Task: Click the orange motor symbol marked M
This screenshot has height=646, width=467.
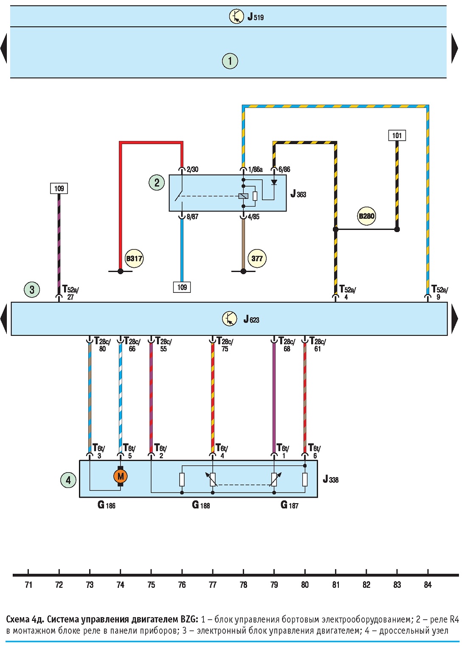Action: (121, 476)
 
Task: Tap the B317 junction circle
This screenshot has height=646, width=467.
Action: (134, 258)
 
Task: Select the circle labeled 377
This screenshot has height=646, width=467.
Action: (257, 258)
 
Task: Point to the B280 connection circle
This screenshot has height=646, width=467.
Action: (366, 216)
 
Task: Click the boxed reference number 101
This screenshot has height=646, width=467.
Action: (397, 136)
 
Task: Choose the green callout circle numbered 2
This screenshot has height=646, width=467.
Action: (157, 183)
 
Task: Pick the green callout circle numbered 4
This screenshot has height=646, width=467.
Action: (68, 480)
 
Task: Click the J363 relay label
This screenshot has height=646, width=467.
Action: (298, 194)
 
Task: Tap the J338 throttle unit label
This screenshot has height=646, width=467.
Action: (330, 479)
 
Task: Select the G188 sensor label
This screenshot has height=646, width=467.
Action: (201, 505)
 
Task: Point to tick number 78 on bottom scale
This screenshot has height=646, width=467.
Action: (243, 584)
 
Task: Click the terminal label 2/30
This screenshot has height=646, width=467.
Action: (192, 169)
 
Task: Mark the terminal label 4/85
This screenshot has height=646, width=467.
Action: (253, 217)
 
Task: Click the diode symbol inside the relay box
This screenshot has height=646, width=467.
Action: (274, 182)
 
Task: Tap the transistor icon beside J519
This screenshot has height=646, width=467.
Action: (236, 17)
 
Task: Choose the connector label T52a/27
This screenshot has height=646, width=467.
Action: (70, 293)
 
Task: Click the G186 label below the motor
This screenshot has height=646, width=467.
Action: (106, 505)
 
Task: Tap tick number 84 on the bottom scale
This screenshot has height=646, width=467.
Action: (428, 584)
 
